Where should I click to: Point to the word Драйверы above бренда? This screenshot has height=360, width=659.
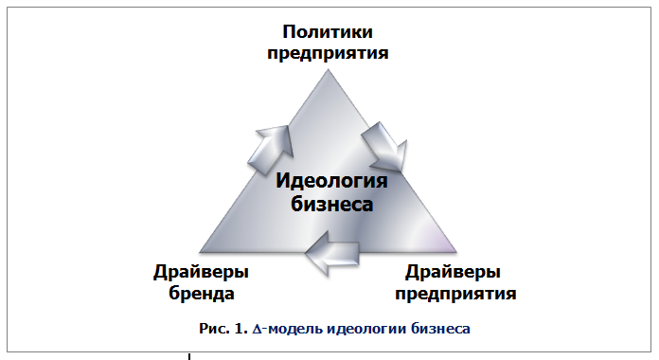(x=202, y=273)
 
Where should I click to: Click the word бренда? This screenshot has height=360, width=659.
(x=202, y=293)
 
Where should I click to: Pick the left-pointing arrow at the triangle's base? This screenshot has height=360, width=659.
(x=332, y=254)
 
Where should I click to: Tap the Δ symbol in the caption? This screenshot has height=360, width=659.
(x=257, y=330)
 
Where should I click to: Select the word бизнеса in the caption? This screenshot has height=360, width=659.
(x=438, y=330)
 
